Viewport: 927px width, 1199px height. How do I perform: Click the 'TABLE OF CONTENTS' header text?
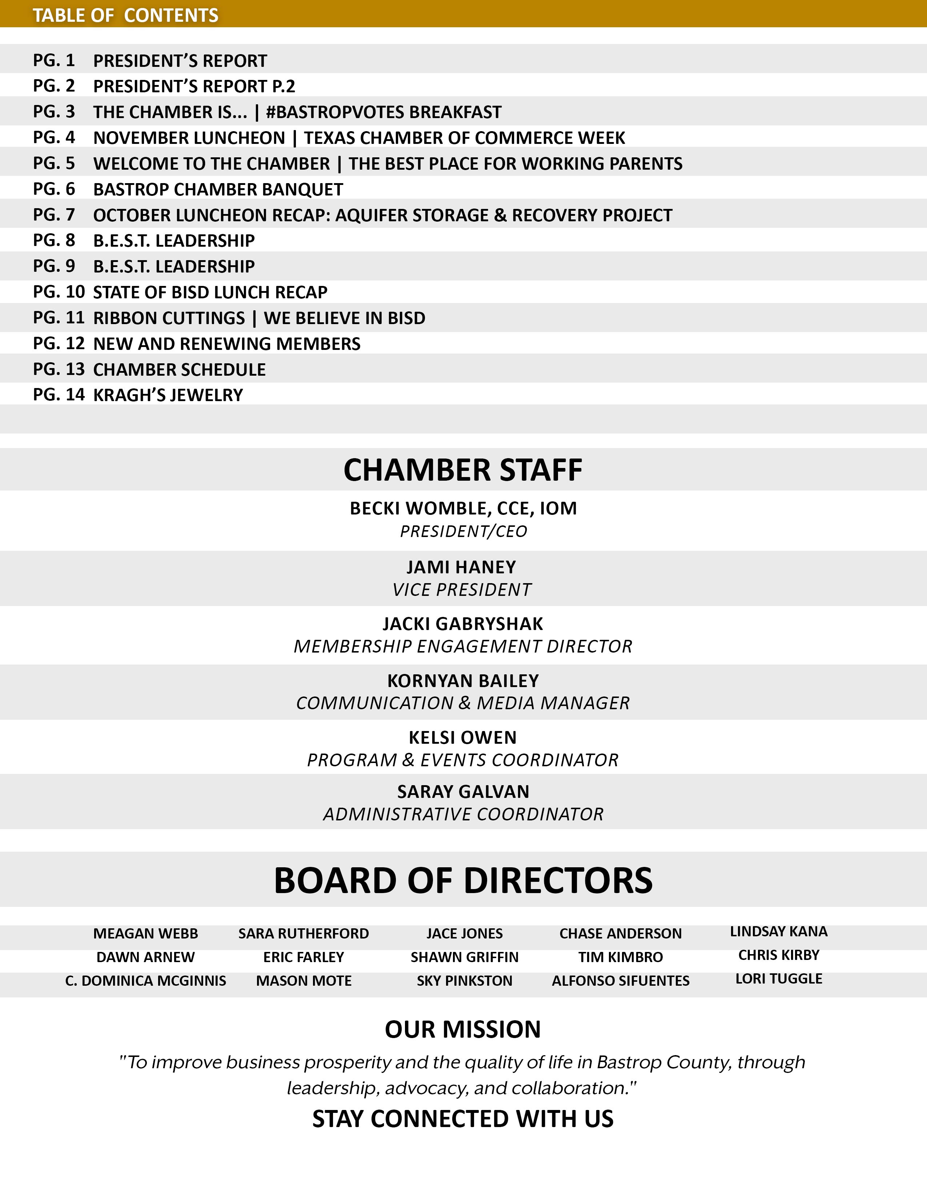(125, 15)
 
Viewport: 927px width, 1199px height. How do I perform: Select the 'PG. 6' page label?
(54, 189)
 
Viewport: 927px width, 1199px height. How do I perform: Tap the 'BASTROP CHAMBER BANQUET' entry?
(218, 189)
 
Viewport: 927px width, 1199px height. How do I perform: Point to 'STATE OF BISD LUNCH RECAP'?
(210, 292)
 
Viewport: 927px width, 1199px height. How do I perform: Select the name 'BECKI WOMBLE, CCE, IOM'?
(463, 508)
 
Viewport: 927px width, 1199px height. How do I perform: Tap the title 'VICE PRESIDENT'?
(462, 590)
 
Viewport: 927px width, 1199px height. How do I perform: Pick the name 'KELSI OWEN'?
(463, 737)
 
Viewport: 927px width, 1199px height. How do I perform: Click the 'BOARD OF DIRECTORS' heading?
(463, 881)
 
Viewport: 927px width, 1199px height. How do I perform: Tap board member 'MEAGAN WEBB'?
(145, 933)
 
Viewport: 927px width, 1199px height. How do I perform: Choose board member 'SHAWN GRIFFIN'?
(465, 957)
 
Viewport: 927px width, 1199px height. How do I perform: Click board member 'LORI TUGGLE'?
(779, 978)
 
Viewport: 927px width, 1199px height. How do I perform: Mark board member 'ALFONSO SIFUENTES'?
(621, 981)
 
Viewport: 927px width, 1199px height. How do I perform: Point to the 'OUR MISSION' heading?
(463, 1029)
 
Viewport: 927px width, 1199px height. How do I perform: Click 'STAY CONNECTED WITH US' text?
(463, 1119)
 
